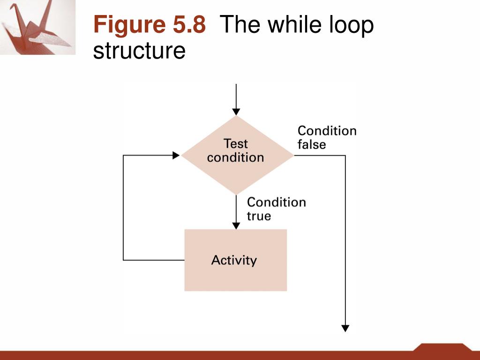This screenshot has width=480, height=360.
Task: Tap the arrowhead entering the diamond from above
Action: [236, 112]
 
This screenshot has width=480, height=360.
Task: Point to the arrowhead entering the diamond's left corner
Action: [176, 155]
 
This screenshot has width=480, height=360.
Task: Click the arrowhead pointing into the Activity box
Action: [236, 225]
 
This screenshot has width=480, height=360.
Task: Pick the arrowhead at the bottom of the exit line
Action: [345, 328]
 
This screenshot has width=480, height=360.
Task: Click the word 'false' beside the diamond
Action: [312, 144]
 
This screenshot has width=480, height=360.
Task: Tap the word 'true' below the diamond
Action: [259, 216]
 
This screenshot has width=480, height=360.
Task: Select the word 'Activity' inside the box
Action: [234, 260]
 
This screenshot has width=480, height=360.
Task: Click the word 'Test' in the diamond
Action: [236, 143]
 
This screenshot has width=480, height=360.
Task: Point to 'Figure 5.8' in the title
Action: [150, 24]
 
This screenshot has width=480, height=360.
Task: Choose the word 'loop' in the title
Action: [351, 26]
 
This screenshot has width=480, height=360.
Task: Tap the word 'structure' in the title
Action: [139, 51]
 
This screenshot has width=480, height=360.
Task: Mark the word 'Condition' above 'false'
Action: [327, 130]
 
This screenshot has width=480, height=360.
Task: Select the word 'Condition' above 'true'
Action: [276, 202]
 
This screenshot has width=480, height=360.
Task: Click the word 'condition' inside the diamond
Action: [235, 157]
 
